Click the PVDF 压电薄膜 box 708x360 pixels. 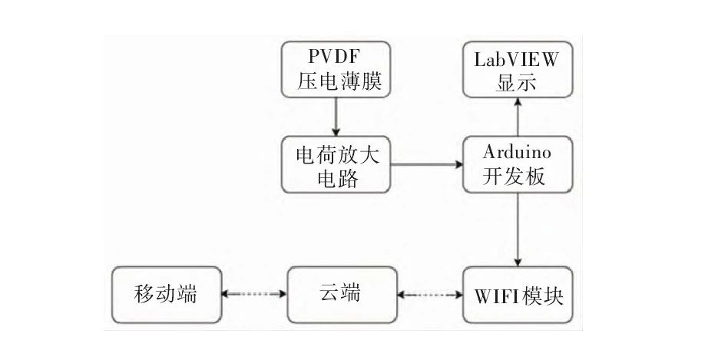point(336,70)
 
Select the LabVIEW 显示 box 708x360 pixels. point(517,70)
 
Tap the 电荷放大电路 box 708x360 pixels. point(336,165)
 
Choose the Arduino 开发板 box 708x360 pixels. point(517,165)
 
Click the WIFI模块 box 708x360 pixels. point(517,295)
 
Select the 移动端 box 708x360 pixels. point(166,295)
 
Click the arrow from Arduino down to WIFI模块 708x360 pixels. point(517,230)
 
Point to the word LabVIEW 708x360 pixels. point(517,58)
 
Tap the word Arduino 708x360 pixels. point(517,153)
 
